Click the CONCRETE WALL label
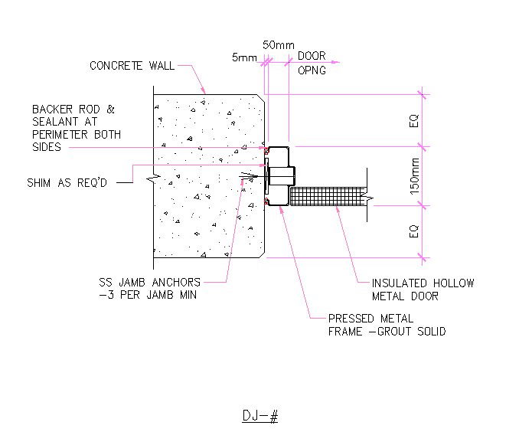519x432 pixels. pyautogui.click(x=132, y=66)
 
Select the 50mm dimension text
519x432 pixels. pyautogui.click(x=278, y=45)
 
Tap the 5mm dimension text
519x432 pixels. pyautogui.click(x=245, y=57)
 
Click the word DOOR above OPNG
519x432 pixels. pyautogui.click(x=312, y=57)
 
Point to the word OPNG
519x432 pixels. pyautogui.click(x=312, y=70)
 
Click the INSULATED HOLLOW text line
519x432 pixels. pyautogui.click(x=423, y=283)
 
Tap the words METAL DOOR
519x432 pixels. pyautogui.click(x=406, y=296)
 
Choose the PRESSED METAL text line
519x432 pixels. pyautogui.click(x=370, y=318)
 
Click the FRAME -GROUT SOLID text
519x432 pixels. pyautogui.click(x=387, y=332)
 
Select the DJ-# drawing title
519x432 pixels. pyautogui.click(x=259, y=416)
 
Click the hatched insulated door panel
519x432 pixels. pyautogui.click(x=329, y=196)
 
